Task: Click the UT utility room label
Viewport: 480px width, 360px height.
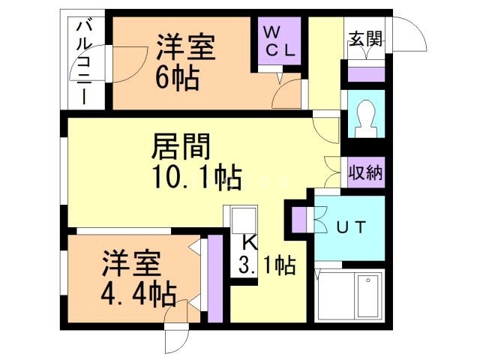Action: click(351, 227)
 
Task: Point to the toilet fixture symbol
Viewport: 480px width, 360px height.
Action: click(367, 118)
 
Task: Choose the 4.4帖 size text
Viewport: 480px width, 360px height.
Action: click(139, 291)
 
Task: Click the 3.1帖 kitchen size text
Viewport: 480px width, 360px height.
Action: click(266, 264)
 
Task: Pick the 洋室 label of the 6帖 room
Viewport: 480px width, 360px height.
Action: click(186, 49)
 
